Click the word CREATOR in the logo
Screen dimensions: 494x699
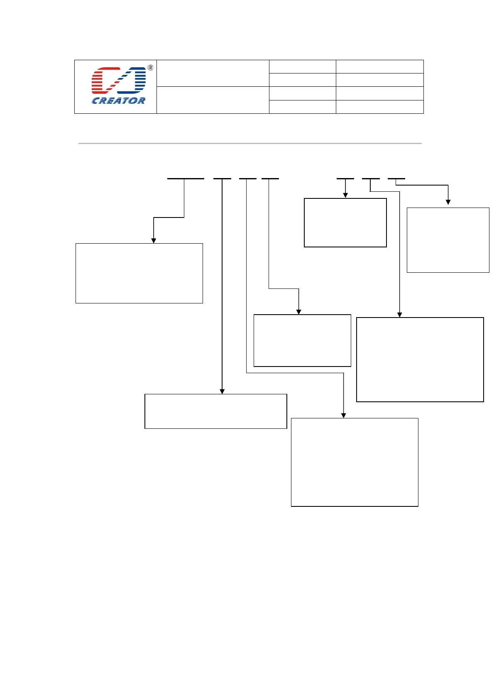click(118, 100)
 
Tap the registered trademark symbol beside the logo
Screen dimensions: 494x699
click(150, 68)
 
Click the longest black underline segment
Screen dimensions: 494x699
click(186, 178)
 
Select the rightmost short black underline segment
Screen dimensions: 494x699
click(396, 178)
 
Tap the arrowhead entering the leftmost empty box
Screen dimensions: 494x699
click(154, 240)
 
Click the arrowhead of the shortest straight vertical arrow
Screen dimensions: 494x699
click(345, 195)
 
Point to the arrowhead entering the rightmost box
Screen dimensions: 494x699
click(448, 202)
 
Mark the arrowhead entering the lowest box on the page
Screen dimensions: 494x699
click(343, 415)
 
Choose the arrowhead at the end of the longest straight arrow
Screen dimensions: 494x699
click(222, 391)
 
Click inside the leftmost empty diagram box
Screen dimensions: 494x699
click(139, 273)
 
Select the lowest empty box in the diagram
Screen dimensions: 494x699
click(355, 462)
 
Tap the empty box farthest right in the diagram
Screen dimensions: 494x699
click(448, 240)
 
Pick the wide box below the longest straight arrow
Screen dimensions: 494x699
click(215, 411)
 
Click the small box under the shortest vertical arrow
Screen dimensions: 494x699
click(345, 222)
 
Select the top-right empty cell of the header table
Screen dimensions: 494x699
click(379, 66)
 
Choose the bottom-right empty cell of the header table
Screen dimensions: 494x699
click(379, 107)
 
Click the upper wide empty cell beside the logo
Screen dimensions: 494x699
click(213, 73)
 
